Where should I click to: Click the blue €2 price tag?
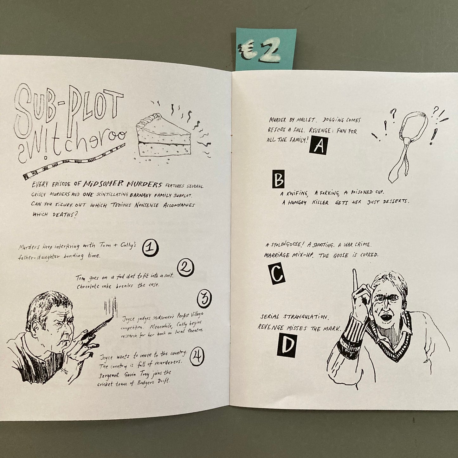pyautogui.click(x=266, y=49)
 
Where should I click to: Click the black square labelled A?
pyautogui.click(x=319, y=145)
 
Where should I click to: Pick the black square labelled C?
pyautogui.click(x=277, y=274)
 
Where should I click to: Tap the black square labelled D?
pyautogui.click(x=287, y=345)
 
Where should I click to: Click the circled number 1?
pyautogui.click(x=150, y=248)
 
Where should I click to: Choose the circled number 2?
pyautogui.click(x=186, y=268)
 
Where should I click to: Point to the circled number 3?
pyautogui.click(x=204, y=299)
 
